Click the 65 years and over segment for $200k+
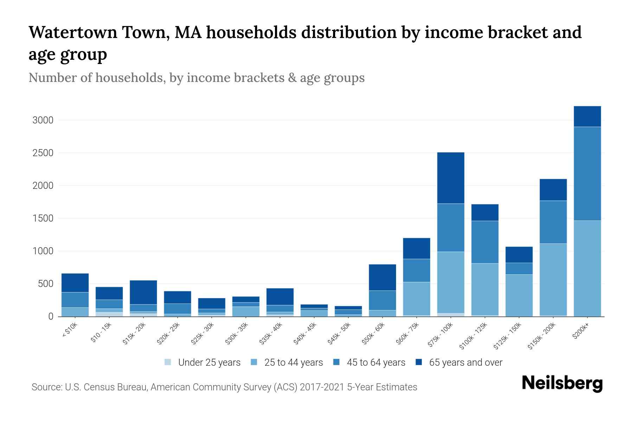tap(587, 116)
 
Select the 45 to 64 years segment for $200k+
tap(587, 174)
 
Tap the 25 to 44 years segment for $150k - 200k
tap(553, 280)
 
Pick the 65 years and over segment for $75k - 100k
tap(450, 178)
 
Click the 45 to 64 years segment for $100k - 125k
tap(485, 242)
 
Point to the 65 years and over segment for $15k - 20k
tap(143, 292)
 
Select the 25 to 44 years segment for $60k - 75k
tap(416, 299)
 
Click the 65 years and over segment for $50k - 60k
tap(382, 277)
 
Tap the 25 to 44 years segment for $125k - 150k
tap(519, 295)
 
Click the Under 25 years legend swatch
tap(168, 362)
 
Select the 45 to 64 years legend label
tap(376, 362)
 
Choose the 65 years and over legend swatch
tap(419, 362)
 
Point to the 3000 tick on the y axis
tap(43, 120)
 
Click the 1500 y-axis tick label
tap(43, 218)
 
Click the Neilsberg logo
tap(562, 384)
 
